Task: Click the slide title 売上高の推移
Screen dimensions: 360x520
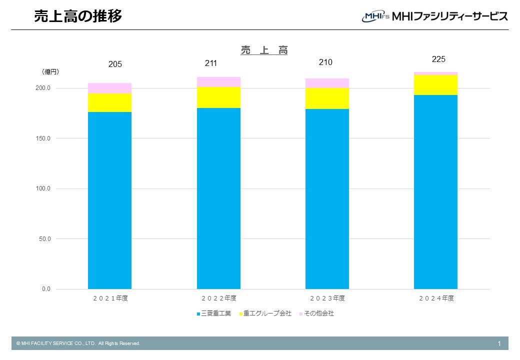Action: tap(77, 16)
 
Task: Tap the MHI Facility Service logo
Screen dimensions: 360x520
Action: tap(434, 16)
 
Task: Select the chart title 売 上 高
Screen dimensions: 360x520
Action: tap(264, 50)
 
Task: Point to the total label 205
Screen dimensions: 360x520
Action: tap(115, 64)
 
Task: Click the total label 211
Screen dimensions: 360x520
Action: tap(211, 63)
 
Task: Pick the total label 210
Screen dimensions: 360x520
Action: tap(325, 62)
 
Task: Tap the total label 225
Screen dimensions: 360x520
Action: tap(438, 59)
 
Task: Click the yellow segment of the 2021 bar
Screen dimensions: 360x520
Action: tap(109, 102)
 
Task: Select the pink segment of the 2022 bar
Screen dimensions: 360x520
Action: tap(218, 82)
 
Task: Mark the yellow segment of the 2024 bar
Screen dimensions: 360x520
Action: tap(435, 85)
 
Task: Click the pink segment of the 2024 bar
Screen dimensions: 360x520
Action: tap(435, 73)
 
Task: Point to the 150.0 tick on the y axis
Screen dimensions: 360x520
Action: tap(42, 138)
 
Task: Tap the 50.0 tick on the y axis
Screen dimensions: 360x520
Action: tap(44, 239)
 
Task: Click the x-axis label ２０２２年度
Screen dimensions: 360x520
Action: tap(219, 298)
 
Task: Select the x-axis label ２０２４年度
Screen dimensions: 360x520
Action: tap(436, 298)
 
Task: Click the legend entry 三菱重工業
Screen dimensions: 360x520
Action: tap(215, 313)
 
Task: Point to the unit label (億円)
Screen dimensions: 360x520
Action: tap(50, 72)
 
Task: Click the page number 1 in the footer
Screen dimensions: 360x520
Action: tap(499, 343)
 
